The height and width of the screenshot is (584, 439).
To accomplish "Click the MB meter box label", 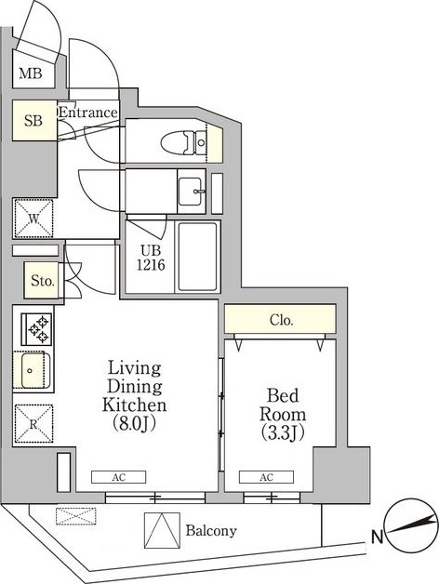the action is pyautogui.click(x=31, y=73).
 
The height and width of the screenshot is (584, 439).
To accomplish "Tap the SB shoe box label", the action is pyautogui.click(x=33, y=120).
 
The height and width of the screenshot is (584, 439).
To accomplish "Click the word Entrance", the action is pyautogui.click(x=88, y=113).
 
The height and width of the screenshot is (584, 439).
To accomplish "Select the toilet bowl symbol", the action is pyautogui.click(x=183, y=142).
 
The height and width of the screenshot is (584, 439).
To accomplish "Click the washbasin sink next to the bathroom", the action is pyautogui.click(x=192, y=191).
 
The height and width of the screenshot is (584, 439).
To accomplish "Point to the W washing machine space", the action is pyautogui.click(x=33, y=219).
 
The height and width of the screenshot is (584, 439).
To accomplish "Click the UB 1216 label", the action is pyautogui.click(x=151, y=258).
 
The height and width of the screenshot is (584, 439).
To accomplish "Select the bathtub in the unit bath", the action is pyautogui.click(x=197, y=257).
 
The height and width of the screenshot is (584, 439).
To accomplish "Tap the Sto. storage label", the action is pyautogui.click(x=43, y=281).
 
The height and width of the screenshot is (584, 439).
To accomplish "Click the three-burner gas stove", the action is pyautogui.click(x=36, y=329).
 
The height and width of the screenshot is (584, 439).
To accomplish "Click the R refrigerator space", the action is pyautogui.click(x=33, y=424).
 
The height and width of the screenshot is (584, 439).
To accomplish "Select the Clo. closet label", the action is pyautogui.click(x=282, y=320).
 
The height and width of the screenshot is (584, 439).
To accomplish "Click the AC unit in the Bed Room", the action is pyautogui.click(x=266, y=477).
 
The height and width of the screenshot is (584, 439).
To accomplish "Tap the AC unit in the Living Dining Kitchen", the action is pyautogui.click(x=118, y=477).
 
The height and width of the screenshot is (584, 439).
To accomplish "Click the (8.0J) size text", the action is pyautogui.click(x=135, y=423).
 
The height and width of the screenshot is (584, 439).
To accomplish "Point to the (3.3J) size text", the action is pyautogui.click(x=283, y=432).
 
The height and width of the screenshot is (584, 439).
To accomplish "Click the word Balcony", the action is pyautogui.click(x=211, y=531).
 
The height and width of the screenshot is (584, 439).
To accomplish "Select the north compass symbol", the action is pyautogui.click(x=411, y=526).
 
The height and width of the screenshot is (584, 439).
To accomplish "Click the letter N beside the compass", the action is pyautogui.click(x=377, y=538).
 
